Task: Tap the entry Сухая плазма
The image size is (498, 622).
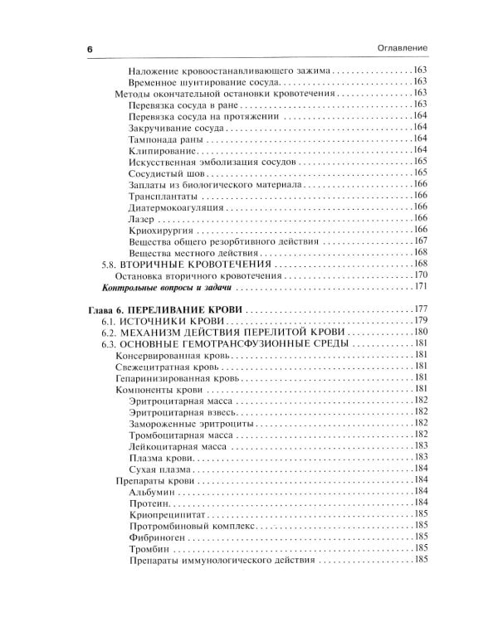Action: [162, 469]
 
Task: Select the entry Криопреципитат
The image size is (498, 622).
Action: [168, 514]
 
